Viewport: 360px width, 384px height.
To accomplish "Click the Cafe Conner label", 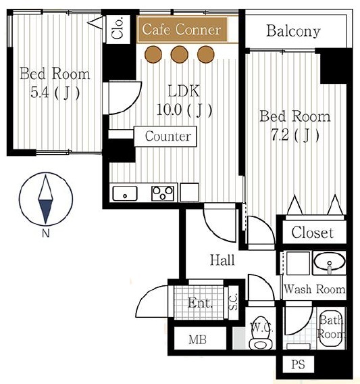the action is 181,29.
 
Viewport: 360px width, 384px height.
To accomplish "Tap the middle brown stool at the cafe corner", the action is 180,54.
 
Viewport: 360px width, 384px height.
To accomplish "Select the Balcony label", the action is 293,31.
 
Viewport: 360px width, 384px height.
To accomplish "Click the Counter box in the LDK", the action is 165,137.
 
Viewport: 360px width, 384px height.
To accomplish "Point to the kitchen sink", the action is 125,193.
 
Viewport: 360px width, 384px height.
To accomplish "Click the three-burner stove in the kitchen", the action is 163,193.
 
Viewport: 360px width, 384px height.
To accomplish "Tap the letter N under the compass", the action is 46,233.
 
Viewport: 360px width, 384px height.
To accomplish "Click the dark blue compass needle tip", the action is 45,223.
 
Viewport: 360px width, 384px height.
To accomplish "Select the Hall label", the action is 222,260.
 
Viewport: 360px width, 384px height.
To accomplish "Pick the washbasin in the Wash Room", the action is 330,263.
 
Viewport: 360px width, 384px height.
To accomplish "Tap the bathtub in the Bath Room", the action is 332,328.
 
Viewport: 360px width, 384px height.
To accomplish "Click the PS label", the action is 298,364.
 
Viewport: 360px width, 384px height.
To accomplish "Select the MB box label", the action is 197,339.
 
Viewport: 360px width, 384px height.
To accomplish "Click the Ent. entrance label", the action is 200,303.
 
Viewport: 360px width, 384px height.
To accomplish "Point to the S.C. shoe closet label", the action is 233,302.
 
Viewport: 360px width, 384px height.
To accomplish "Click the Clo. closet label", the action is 118,28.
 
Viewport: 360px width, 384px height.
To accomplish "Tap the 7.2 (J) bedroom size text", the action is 295,135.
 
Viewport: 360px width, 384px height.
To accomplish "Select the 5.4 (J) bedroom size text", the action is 55,93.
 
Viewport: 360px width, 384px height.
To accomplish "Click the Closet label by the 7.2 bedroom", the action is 313,233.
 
